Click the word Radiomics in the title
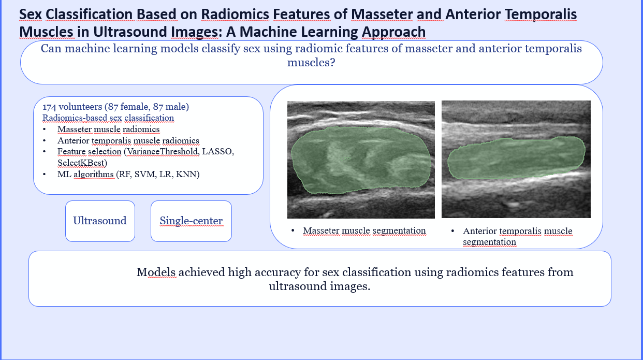pos(235,14)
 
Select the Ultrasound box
pos(100,221)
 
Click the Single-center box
pos(191,221)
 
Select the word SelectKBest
pos(81,163)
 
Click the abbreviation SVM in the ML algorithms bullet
pos(145,175)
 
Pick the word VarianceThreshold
pos(163,151)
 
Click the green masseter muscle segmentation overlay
pos(361,160)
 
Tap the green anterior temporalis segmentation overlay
pos(516,159)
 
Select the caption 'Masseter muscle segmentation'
pos(364,231)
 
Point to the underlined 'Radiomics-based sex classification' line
pos(108,118)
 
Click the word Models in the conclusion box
pos(156,272)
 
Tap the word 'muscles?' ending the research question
pos(311,62)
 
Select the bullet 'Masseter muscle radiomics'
pos(109,129)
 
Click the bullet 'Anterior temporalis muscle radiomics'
pos(128,140)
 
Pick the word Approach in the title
pos(393,32)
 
